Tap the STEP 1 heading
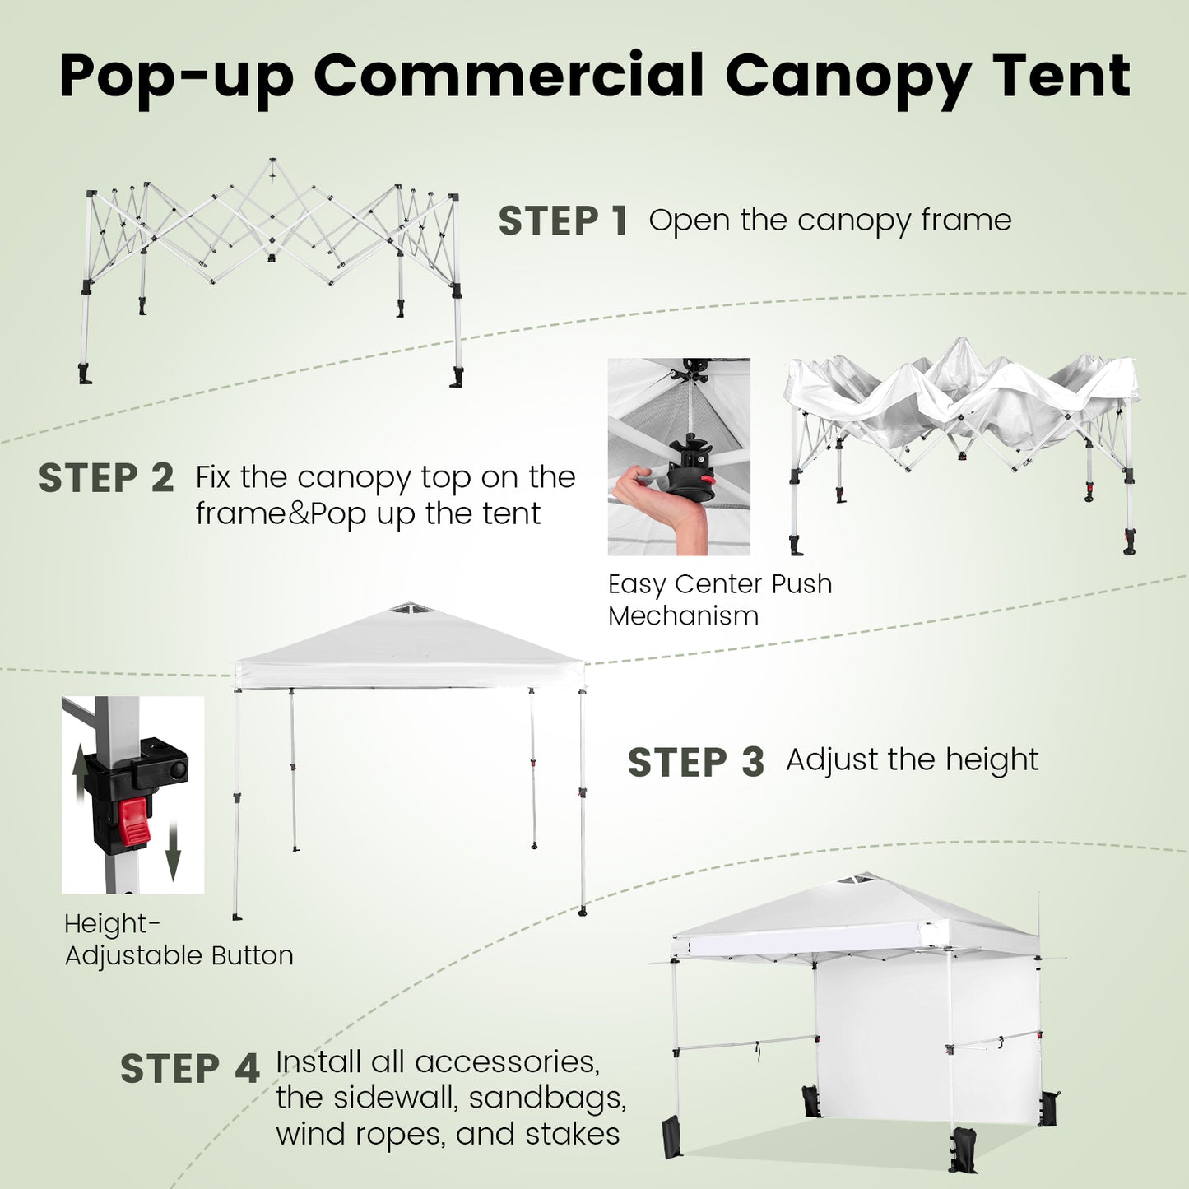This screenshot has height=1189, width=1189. tap(563, 221)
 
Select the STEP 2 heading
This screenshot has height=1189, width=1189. tap(106, 479)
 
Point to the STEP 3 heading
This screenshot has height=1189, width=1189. tap(695, 763)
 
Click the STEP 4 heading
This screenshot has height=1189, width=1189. tap(189, 1069)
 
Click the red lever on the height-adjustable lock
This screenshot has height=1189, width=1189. tap(134, 821)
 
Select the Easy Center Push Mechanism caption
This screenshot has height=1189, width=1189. tap(719, 600)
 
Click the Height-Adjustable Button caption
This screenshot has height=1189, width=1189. tap(178, 940)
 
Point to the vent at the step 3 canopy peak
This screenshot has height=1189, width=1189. tap(404, 609)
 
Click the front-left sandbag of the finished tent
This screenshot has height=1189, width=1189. tap(672, 1139)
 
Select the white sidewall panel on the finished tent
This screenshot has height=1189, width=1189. tap(880, 1045)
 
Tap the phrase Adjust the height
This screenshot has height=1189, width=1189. tap(912, 760)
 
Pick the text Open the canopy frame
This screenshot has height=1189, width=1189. tap(829, 221)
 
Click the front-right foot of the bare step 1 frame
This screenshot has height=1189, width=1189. tap(457, 378)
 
